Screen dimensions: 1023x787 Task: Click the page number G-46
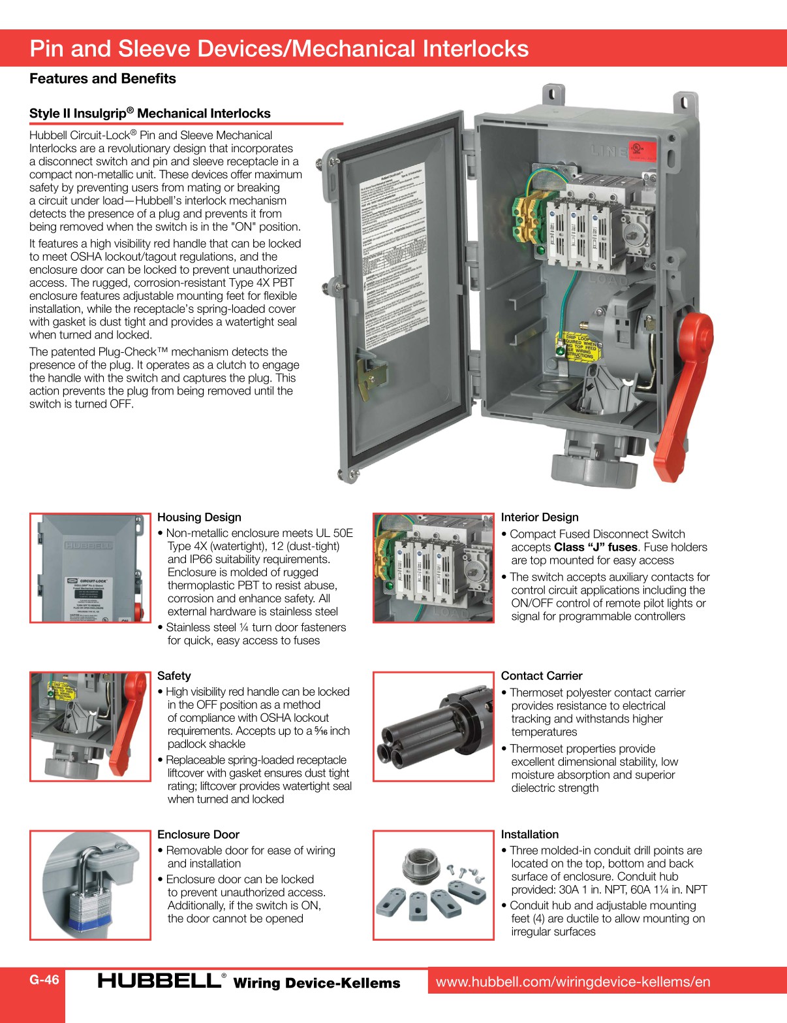pyautogui.click(x=44, y=979)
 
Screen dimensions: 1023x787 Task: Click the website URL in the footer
pyautogui.click(x=573, y=981)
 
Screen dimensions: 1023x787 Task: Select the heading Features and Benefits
pyautogui.click(x=102, y=79)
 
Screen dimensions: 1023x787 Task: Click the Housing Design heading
pyautogui.click(x=199, y=517)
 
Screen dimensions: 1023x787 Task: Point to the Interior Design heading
pyautogui.click(x=540, y=517)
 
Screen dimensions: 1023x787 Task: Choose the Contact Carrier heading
pyautogui.click(x=542, y=676)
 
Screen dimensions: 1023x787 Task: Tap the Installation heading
pyautogui.click(x=530, y=834)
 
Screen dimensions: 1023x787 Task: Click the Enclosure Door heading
pyautogui.click(x=198, y=834)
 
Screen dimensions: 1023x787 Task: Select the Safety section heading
pyautogui.click(x=174, y=676)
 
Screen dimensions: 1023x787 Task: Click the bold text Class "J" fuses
pyautogui.click(x=595, y=547)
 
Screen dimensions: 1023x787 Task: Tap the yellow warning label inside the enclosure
pyautogui.click(x=576, y=346)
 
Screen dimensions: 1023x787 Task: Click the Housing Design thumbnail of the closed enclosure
pyautogui.click(x=90, y=568)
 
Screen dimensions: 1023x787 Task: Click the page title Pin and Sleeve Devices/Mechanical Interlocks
pyautogui.click(x=279, y=49)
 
